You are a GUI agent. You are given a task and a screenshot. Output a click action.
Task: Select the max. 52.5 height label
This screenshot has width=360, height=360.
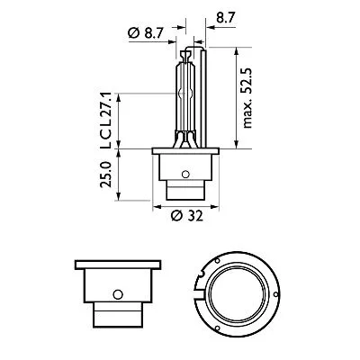point(260,101)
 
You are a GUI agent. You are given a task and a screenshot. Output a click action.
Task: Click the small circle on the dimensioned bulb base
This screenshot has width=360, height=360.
point(184,175)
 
